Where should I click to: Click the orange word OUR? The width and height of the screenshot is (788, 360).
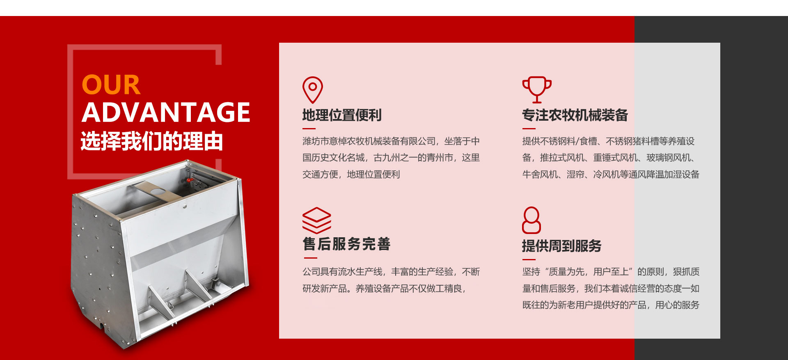pyautogui.click(x=111, y=85)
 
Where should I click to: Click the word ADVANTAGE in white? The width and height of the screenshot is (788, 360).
pyautogui.click(x=166, y=112)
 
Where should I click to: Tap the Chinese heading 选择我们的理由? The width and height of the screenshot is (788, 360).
pyautogui.click(x=152, y=141)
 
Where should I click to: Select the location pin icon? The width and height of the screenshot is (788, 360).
pyautogui.click(x=313, y=90)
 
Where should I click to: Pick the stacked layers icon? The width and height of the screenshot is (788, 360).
pyautogui.click(x=317, y=220)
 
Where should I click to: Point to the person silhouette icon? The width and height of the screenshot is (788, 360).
pyautogui.click(x=531, y=220)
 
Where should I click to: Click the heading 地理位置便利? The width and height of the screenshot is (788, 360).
pyautogui.click(x=342, y=115)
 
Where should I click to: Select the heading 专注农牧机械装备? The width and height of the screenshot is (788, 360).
pyautogui.click(x=575, y=115)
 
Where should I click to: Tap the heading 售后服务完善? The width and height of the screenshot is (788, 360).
pyautogui.click(x=346, y=244)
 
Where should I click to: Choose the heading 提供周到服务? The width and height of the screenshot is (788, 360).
pyautogui.click(x=561, y=246)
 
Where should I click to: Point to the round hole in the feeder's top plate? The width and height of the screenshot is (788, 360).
pyautogui.click(x=156, y=191)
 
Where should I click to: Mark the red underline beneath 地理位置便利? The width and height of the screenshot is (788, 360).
pyautogui.click(x=309, y=128)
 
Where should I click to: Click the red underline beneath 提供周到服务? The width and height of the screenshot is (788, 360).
pyautogui.click(x=529, y=259)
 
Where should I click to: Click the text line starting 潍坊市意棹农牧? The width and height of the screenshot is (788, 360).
pyautogui.click(x=391, y=141)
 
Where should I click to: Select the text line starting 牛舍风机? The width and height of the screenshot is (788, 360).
pyautogui.click(x=611, y=174)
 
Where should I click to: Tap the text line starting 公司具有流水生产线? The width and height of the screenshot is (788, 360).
pyautogui.click(x=391, y=272)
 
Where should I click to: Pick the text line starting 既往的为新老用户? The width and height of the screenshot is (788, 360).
pyautogui.click(x=611, y=305)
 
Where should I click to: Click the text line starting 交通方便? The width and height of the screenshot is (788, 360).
pyautogui.click(x=351, y=174)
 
